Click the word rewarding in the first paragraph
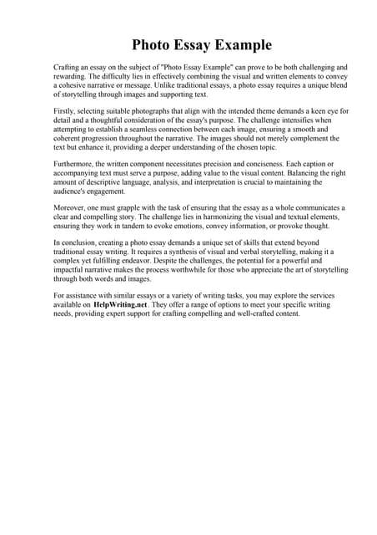(x=71, y=75)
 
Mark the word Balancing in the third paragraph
(x=286, y=175)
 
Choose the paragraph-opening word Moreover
(x=71, y=206)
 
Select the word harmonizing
(x=213, y=215)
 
